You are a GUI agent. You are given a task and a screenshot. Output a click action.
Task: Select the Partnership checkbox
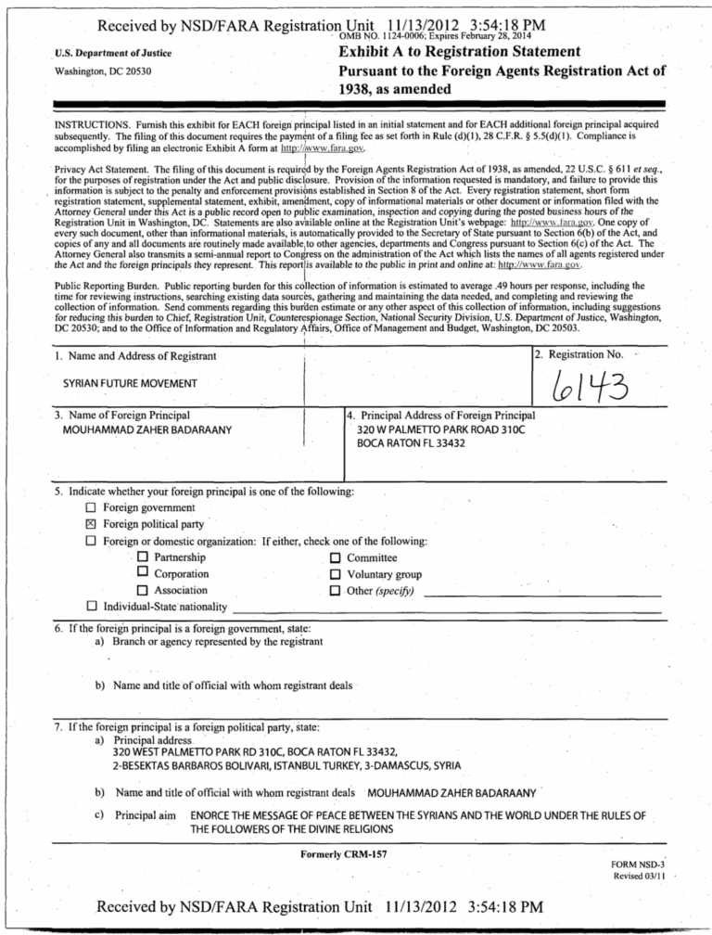pos(143,557)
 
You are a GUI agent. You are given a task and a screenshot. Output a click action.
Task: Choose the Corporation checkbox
pos(143,574)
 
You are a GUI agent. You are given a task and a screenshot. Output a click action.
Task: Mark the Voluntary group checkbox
pos(335,574)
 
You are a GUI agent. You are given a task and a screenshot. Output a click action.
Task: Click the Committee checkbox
pos(335,557)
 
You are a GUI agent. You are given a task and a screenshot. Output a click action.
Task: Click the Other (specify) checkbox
pos(335,591)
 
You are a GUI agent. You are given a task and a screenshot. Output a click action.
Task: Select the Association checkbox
pos(143,591)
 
